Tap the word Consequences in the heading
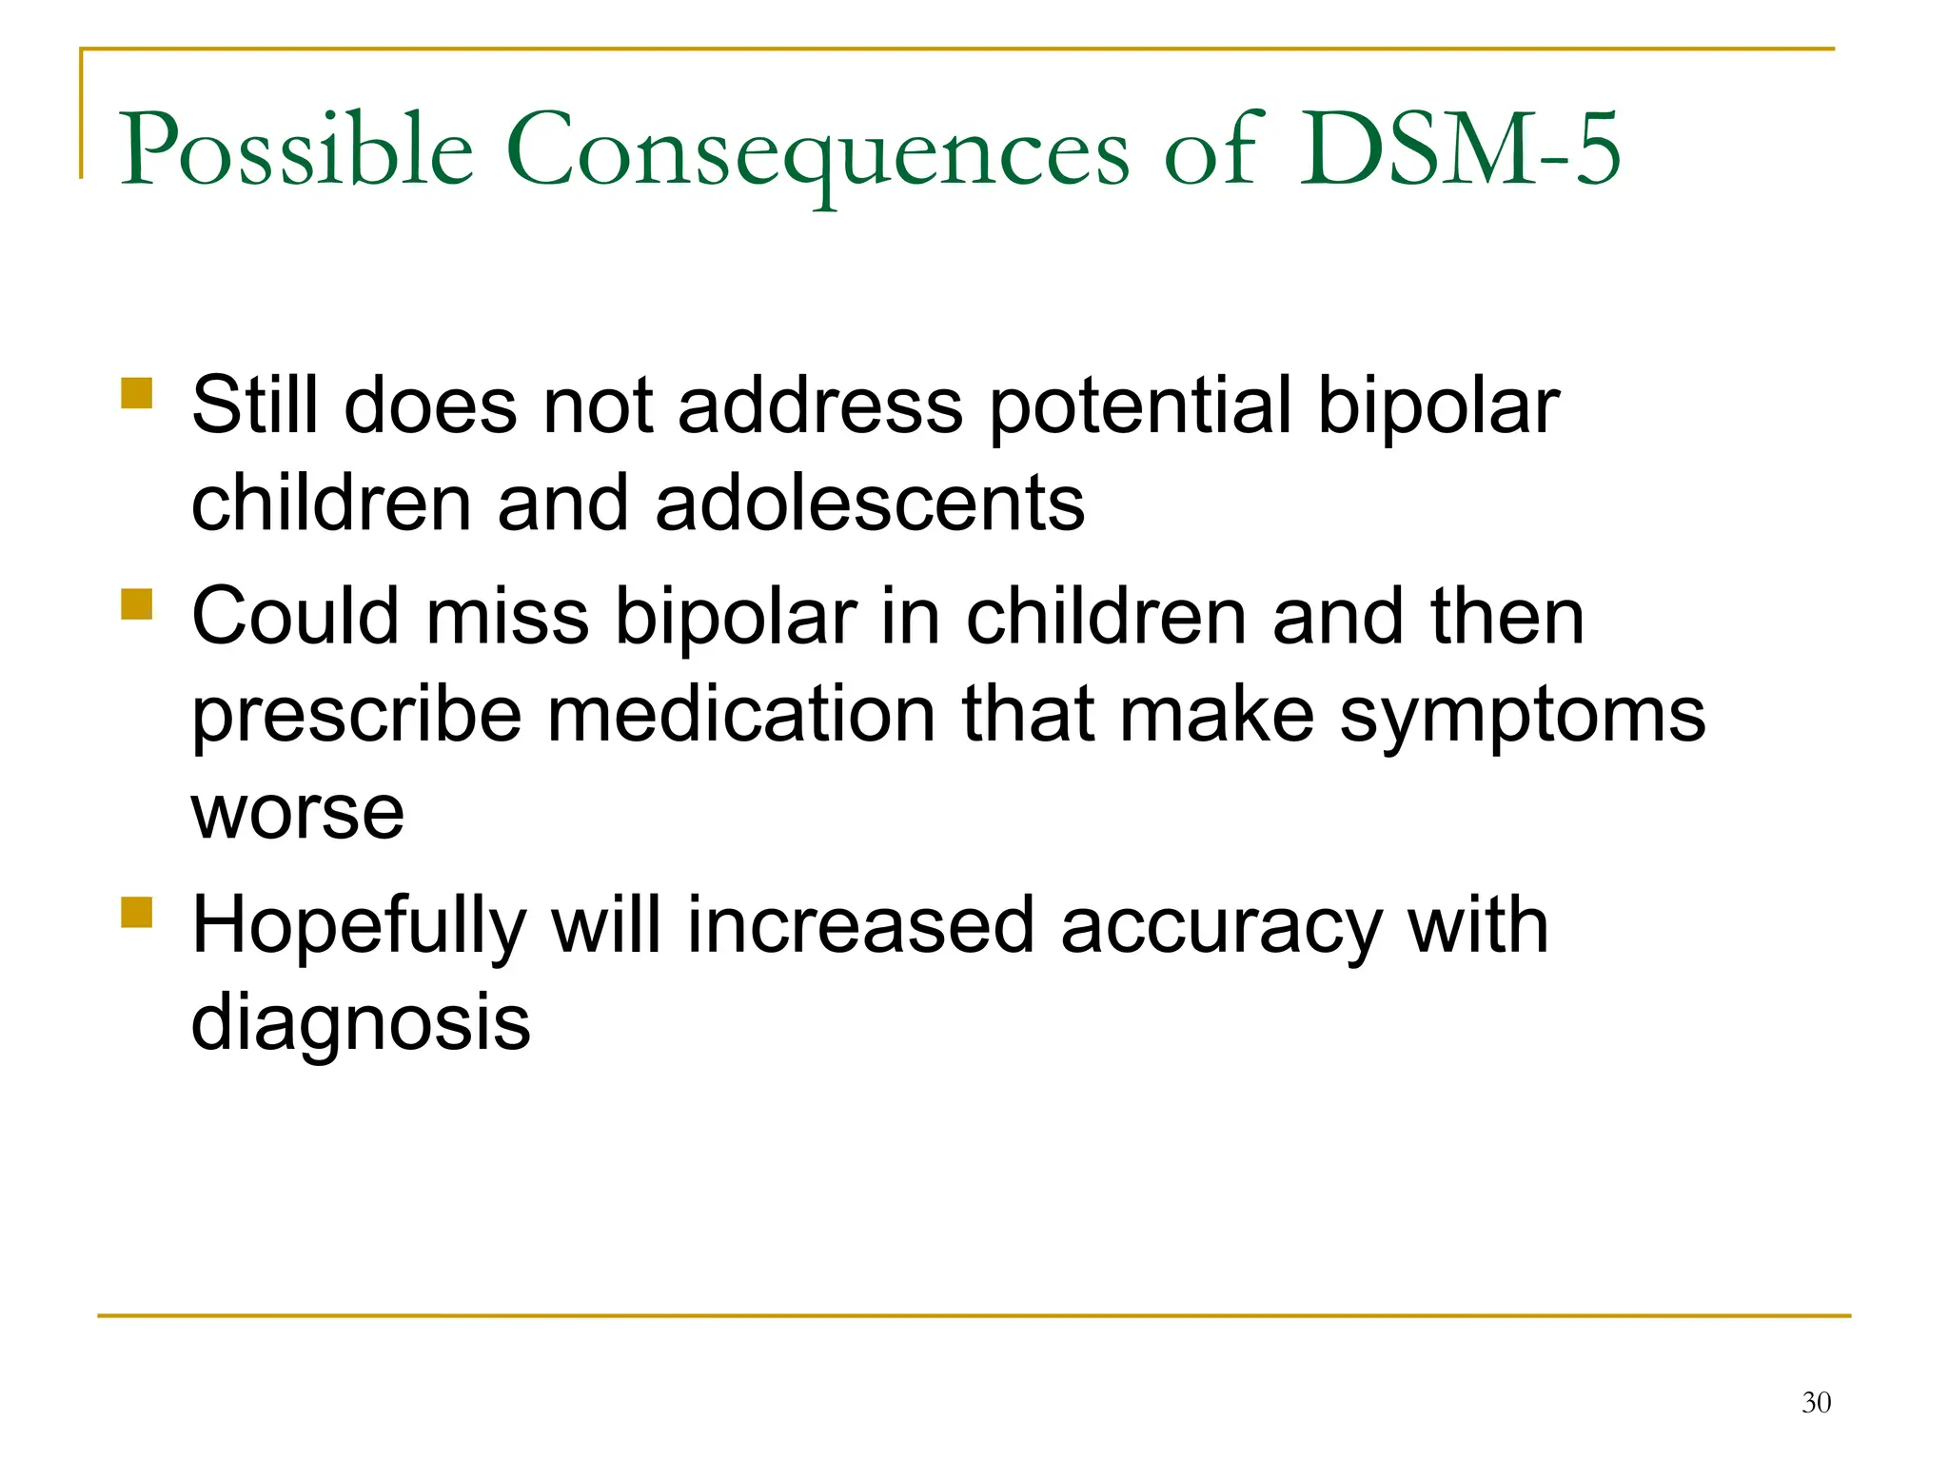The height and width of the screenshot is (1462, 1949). point(817,152)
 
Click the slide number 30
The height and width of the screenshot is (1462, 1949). point(1816,1402)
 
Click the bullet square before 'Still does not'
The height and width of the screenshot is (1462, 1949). point(137,393)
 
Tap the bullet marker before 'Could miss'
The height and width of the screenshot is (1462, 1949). point(137,604)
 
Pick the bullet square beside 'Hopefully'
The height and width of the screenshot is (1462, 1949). point(137,912)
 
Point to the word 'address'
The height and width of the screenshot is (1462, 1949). point(820,405)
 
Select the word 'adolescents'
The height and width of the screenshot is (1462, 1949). point(870,504)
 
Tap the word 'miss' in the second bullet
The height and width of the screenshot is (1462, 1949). point(507,617)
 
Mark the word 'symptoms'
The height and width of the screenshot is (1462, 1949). point(1522,716)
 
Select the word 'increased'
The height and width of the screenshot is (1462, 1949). point(860,925)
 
